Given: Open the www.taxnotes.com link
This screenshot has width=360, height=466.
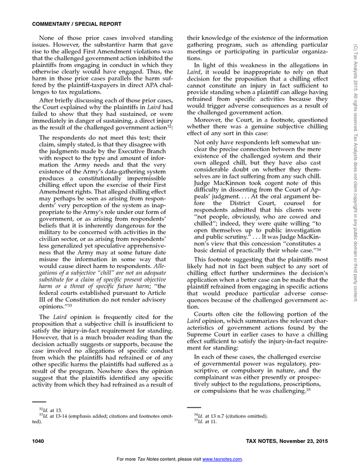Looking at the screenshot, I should tap(222, 459).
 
